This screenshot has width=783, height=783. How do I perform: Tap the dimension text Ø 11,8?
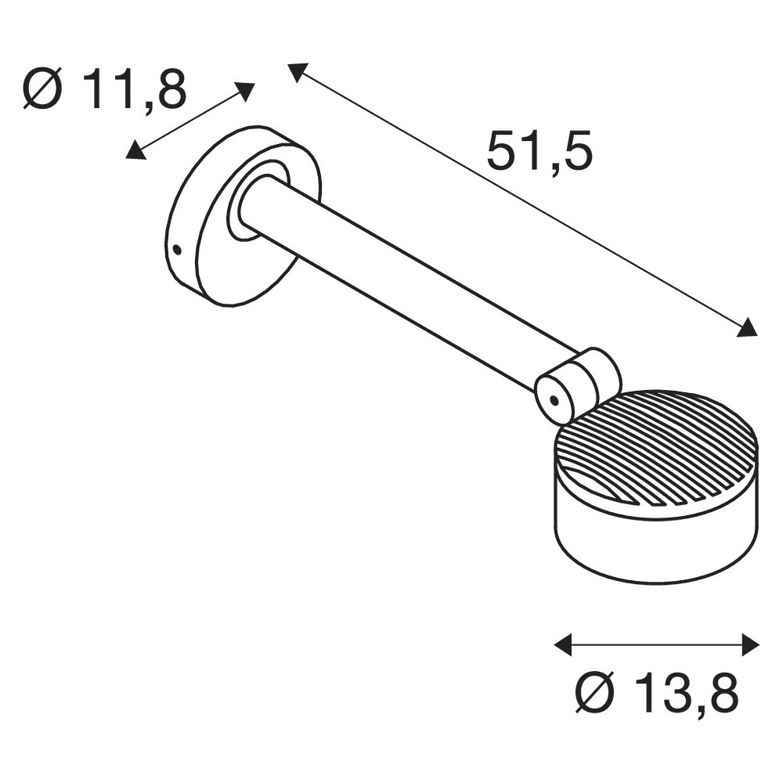[105, 89]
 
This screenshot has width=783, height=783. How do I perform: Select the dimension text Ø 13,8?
[657, 693]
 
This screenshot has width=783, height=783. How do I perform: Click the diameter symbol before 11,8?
[42, 89]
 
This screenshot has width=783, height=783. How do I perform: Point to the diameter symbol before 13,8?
[594, 693]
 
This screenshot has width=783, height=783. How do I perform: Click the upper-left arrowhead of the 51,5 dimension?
[298, 71]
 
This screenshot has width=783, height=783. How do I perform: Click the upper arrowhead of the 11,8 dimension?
[244, 92]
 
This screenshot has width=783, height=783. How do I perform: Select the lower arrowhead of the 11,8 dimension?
[135, 150]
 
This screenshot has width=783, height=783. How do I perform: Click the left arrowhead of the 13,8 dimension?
[563, 644]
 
